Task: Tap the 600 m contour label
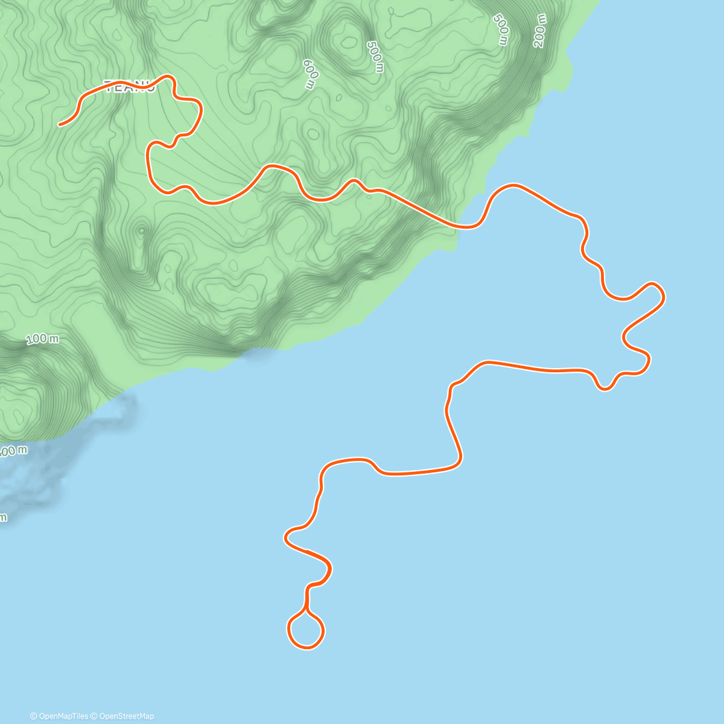point(310,74)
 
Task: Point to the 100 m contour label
point(43,340)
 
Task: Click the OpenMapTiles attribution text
point(63,716)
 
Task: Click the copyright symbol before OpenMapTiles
point(34,716)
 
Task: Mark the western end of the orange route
point(60,125)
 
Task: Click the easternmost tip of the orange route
point(664,296)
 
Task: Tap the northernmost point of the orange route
point(170,76)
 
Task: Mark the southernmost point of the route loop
point(306,648)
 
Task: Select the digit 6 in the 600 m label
point(306,63)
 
